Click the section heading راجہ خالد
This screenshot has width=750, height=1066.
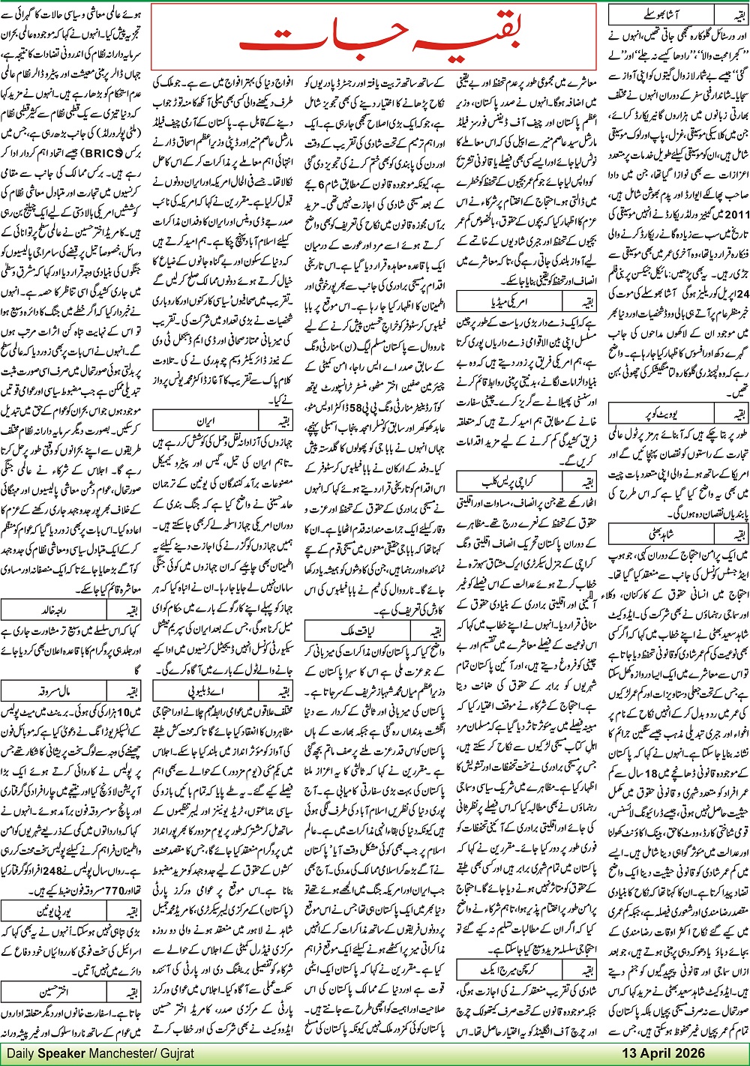(56, 630)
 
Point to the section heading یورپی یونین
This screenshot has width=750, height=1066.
(56, 912)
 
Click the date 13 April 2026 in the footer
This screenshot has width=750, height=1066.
(663, 1053)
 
